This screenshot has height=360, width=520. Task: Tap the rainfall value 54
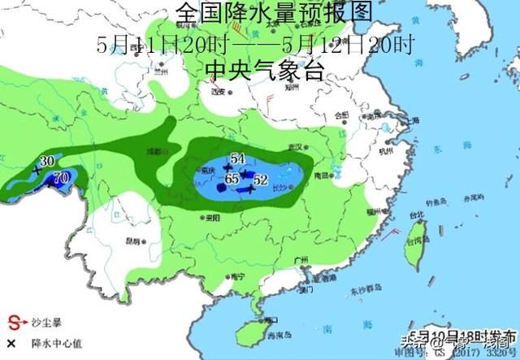point(238,158)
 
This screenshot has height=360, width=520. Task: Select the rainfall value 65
point(232,178)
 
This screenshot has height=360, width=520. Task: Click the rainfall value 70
point(60,176)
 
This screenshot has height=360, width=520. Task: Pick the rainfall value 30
point(47,161)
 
